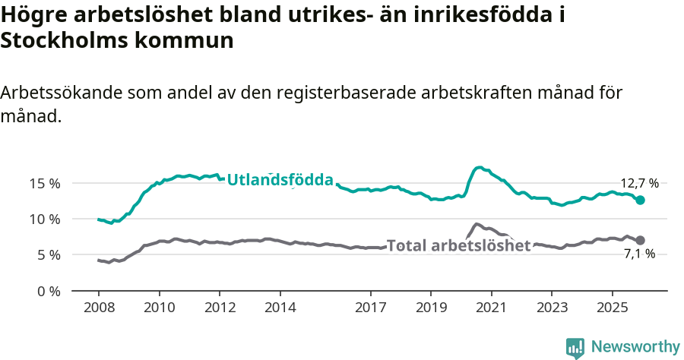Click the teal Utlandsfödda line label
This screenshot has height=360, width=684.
[x=280, y=180]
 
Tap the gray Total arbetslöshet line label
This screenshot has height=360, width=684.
[x=458, y=245]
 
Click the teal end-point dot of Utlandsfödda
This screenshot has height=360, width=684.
[x=641, y=200]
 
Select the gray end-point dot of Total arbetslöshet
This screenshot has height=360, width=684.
[x=641, y=240]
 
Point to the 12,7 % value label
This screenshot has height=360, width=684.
[x=639, y=183]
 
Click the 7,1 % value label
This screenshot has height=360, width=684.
[x=639, y=254]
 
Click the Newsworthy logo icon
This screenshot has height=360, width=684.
[x=575, y=347]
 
